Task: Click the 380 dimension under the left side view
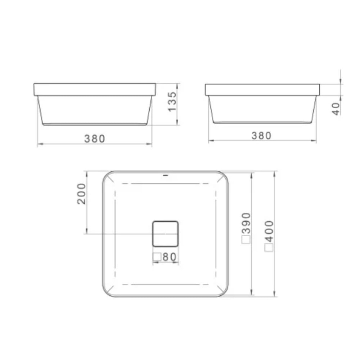95,139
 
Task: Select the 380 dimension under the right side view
261,135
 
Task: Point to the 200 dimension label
82,194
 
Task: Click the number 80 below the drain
169,257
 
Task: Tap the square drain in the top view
165,234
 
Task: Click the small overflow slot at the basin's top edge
165,176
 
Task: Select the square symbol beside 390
246,240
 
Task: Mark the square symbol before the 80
157,257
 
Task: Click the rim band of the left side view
95,90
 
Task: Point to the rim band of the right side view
262,90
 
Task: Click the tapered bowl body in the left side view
95,110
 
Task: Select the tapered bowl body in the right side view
262,109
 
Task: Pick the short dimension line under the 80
166,262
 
